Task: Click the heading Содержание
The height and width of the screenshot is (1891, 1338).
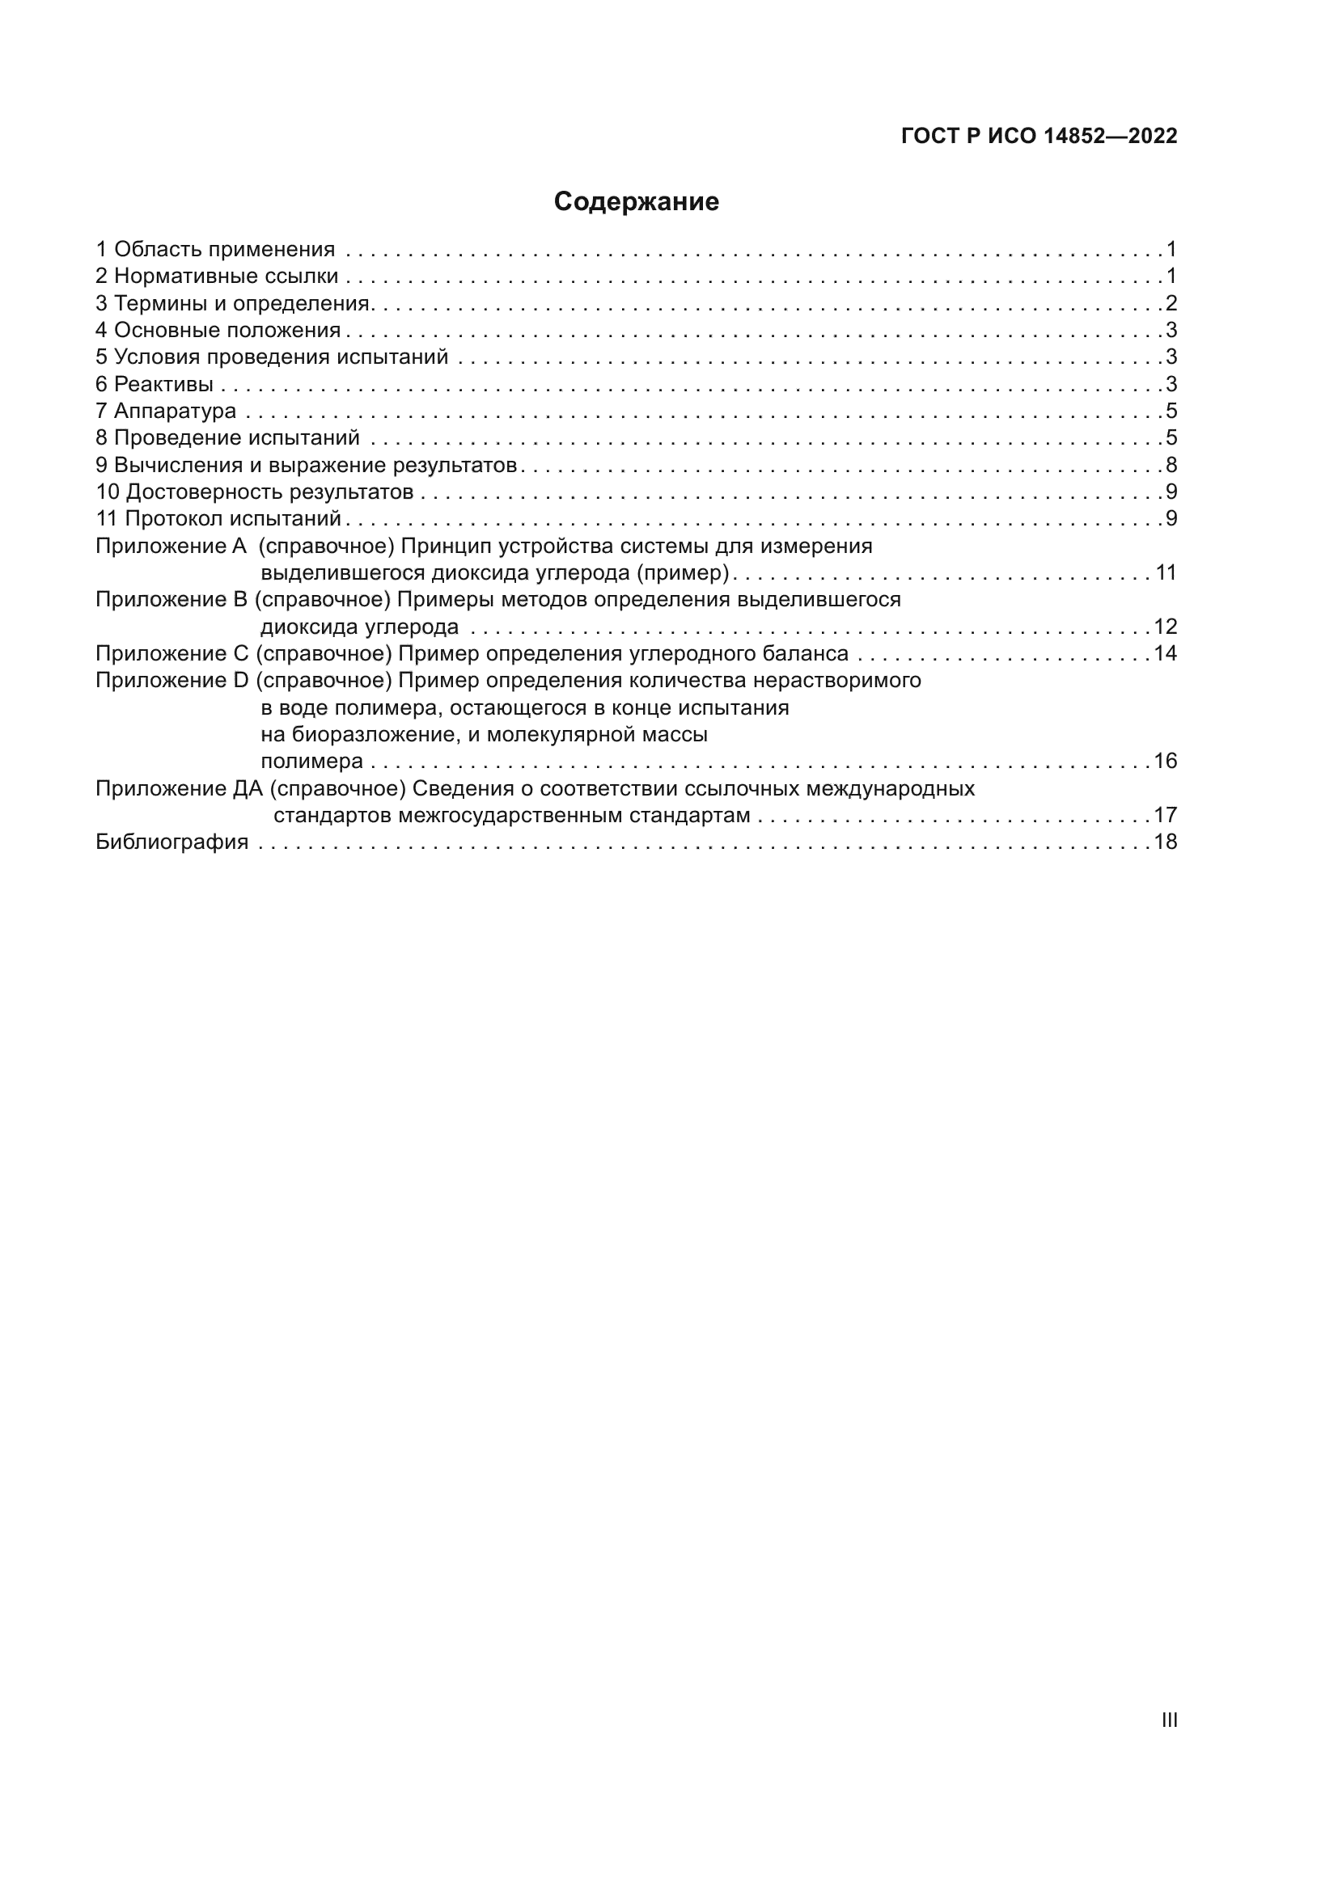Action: tap(636, 202)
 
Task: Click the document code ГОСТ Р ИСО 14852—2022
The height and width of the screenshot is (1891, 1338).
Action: tap(1039, 136)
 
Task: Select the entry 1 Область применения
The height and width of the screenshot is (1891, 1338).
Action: tap(215, 249)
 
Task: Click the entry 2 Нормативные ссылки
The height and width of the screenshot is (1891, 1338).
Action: tap(217, 276)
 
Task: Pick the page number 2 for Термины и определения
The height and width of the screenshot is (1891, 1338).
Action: tap(1171, 303)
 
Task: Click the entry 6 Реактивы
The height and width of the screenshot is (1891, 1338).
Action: tap(154, 384)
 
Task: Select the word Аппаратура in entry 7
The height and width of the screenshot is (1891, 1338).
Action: tap(175, 411)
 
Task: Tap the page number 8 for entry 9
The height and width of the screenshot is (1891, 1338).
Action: tap(1171, 465)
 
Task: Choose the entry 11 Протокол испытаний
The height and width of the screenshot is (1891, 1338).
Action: tap(218, 519)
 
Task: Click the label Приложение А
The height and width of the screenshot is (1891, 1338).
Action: tap(171, 546)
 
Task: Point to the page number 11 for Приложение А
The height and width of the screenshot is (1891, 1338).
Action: tap(1166, 572)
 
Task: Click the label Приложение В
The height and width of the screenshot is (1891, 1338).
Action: tap(171, 600)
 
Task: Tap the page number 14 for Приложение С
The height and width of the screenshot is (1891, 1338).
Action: tap(1166, 654)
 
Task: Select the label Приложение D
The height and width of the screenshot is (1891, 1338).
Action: tap(171, 680)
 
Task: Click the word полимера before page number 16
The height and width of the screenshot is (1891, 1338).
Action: tap(311, 761)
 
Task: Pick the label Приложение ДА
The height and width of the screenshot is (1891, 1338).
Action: tap(179, 789)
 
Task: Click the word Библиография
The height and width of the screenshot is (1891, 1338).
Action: tap(171, 842)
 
